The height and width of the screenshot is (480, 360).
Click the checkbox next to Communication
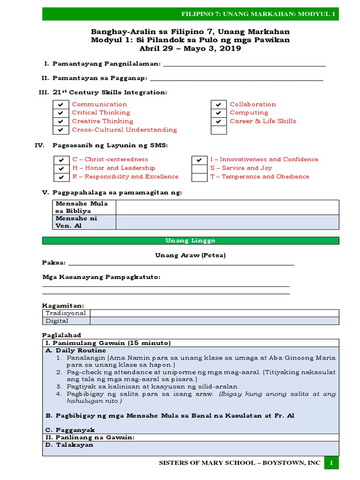pyautogui.click(x=60, y=105)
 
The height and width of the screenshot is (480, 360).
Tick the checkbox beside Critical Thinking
pyautogui.click(x=60, y=113)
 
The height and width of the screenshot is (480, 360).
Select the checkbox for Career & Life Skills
pyautogui.click(x=218, y=121)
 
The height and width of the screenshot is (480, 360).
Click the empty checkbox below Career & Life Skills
pyautogui.click(x=218, y=130)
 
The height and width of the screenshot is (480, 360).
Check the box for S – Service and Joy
pyautogui.click(x=200, y=168)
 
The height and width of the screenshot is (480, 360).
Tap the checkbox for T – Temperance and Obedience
pyautogui.click(x=200, y=177)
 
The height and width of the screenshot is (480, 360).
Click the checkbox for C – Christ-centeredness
pyautogui.click(x=61, y=160)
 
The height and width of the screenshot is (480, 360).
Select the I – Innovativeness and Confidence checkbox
pyautogui.click(x=200, y=160)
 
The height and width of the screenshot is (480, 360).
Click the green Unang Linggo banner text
pyautogui.click(x=190, y=240)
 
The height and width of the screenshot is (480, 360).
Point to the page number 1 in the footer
pyautogui.click(x=331, y=463)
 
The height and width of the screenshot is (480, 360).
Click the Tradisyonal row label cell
pyautogui.click(x=66, y=313)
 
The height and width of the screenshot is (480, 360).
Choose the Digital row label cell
pyautogui.click(x=66, y=321)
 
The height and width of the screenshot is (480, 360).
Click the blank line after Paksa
pyautogui.click(x=180, y=264)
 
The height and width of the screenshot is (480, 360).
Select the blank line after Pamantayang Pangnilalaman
pyautogui.click(x=243, y=65)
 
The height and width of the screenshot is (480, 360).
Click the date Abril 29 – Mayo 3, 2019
pyautogui.click(x=190, y=48)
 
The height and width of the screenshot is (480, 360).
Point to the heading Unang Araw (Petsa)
pyautogui.click(x=190, y=255)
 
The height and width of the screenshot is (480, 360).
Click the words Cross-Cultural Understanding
pyautogui.click(x=124, y=130)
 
